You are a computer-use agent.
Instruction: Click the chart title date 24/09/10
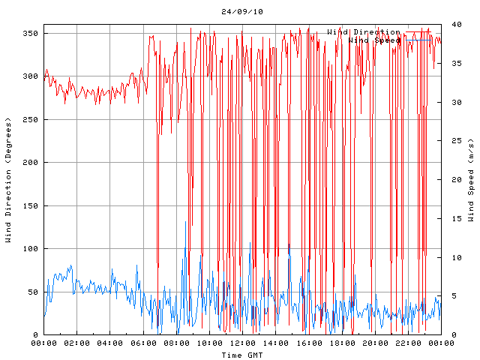pyautogui.click(x=242, y=12)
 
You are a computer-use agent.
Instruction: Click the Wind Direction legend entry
pyautogui.click(x=363, y=32)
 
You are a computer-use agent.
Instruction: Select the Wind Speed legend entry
pyautogui.click(x=374, y=40)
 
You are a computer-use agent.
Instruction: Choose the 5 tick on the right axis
pyautogui.click(x=450, y=295)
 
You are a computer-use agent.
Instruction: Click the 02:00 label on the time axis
pyautogui.click(x=76, y=343)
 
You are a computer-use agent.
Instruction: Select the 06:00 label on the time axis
pyautogui.click(x=142, y=343)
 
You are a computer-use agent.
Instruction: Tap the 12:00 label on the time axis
pyautogui.click(x=242, y=343)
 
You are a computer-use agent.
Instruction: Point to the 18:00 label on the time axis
pyautogui.click(x=341, y=343)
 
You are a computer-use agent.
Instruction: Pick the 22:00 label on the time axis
pyautogui.click(x=407, y=343)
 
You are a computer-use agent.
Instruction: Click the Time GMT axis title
pyautogui.click(x=241, y=354)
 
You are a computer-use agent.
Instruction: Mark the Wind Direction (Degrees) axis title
pyautogui.click(x=9, y=180)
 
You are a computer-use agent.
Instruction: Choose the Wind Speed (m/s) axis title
pyautogui.click(x=471, y=180)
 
